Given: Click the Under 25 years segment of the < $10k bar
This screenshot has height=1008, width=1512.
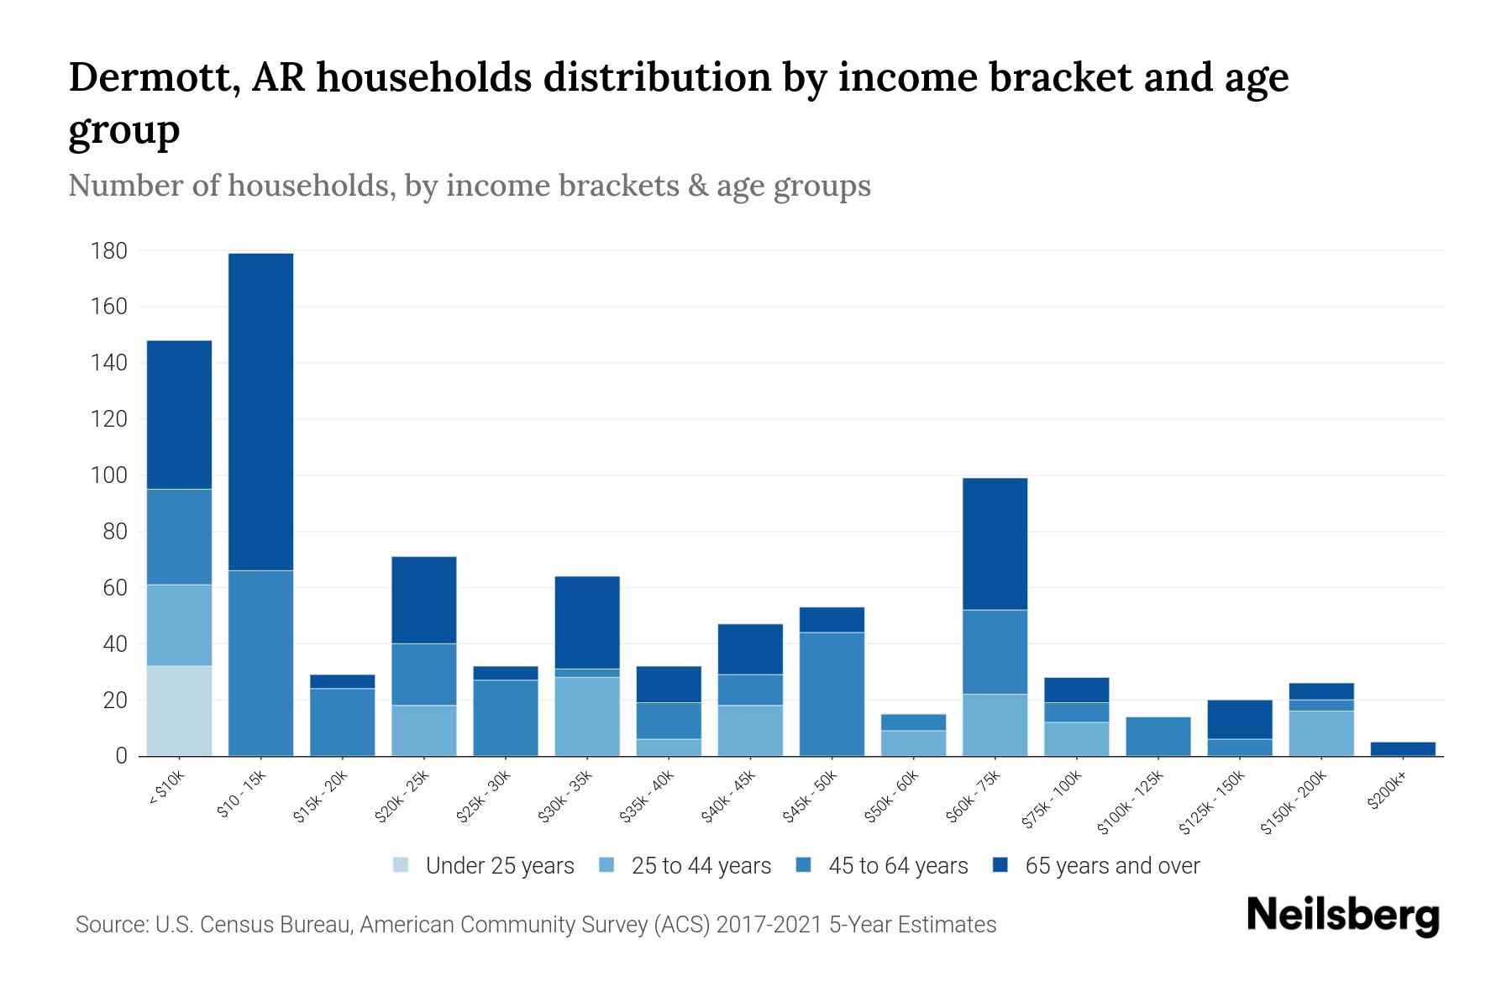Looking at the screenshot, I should click(179, 711).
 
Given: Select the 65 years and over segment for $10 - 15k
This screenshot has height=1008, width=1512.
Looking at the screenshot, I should click(260, 412).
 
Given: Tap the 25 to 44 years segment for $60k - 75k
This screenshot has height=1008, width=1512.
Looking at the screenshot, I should click(995, 725).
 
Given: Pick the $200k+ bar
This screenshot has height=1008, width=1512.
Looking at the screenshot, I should click(1403, 748).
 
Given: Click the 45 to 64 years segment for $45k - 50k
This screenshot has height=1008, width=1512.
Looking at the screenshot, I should click(832, 694).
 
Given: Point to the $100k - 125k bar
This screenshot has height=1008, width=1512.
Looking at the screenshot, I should click(1158, 736).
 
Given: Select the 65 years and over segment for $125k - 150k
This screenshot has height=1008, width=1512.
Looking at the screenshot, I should click(1240, 719).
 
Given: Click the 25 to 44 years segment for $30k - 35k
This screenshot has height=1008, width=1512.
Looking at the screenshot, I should click(587, 716).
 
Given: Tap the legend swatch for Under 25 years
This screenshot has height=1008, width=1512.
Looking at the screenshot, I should click(402, 865).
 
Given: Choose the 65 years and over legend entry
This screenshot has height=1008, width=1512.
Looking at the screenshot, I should click(1112, 866).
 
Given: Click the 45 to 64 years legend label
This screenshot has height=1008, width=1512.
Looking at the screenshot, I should click(898, 866).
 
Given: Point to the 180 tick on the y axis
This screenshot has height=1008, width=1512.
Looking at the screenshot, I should click(110, 250).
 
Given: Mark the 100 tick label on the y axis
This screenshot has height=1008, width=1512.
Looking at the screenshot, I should click(110, 475).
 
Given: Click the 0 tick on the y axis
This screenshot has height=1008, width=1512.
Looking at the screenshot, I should click(121, 756).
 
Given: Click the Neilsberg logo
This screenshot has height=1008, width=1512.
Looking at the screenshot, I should click(1342, 916).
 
